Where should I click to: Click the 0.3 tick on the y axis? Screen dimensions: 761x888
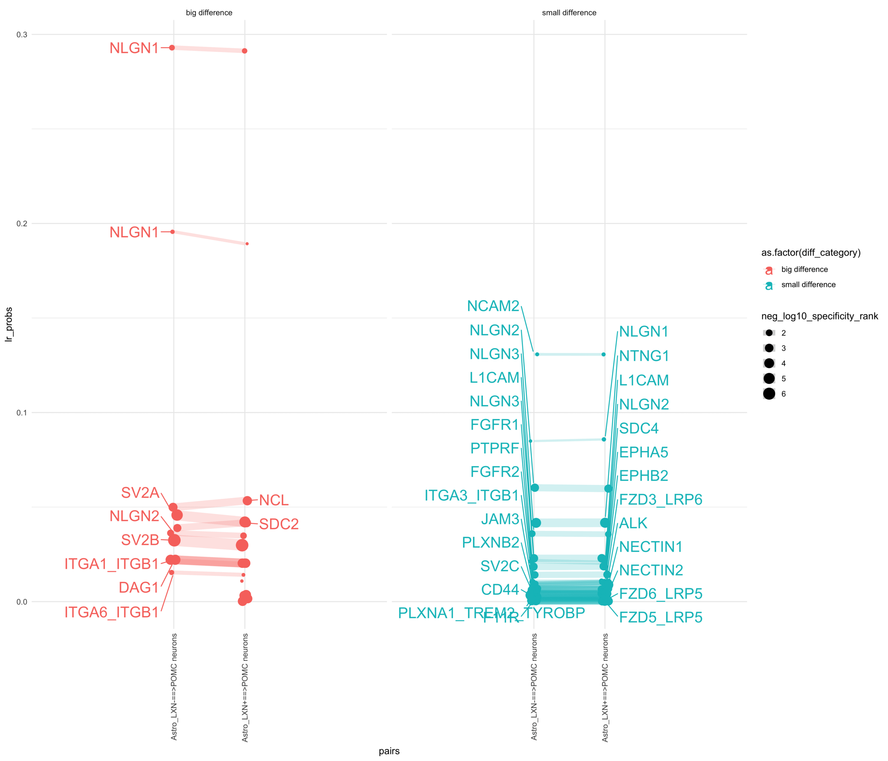21,35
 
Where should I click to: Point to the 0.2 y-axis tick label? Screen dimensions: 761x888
21,224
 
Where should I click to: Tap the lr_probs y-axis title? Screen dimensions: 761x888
9,324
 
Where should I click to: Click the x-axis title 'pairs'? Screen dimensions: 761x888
389,751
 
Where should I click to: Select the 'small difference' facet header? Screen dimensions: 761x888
569,13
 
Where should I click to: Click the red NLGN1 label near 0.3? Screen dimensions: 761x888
134,48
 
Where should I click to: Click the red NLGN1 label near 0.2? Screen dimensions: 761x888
134,232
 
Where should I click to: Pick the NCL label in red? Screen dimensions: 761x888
274,500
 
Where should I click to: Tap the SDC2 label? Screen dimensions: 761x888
279,524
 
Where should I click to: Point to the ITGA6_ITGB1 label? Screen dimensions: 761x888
111,612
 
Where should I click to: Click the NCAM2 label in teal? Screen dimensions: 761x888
493,306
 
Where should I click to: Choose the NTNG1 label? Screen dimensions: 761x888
644,356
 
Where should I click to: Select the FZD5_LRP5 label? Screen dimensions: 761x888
660,618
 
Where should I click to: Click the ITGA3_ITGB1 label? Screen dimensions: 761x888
471,495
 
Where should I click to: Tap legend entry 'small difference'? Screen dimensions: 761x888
808,285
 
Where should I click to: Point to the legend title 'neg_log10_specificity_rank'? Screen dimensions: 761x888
819,316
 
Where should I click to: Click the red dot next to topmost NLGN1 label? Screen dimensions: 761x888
172,48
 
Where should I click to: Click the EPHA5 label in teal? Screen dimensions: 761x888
643,452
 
